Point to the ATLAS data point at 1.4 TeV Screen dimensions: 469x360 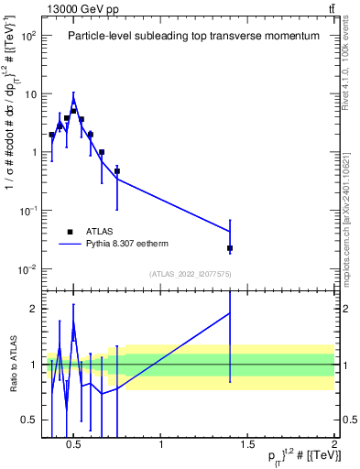[230, 248]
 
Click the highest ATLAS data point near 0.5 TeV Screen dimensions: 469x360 [73, 111]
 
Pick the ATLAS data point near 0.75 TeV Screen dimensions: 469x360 [117, 171]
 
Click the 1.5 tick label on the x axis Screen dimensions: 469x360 [247, 446]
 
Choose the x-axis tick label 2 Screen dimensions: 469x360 [333, 446]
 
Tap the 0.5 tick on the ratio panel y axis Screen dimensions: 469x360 [27, 420]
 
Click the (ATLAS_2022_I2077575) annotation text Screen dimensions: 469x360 [188, 274]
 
